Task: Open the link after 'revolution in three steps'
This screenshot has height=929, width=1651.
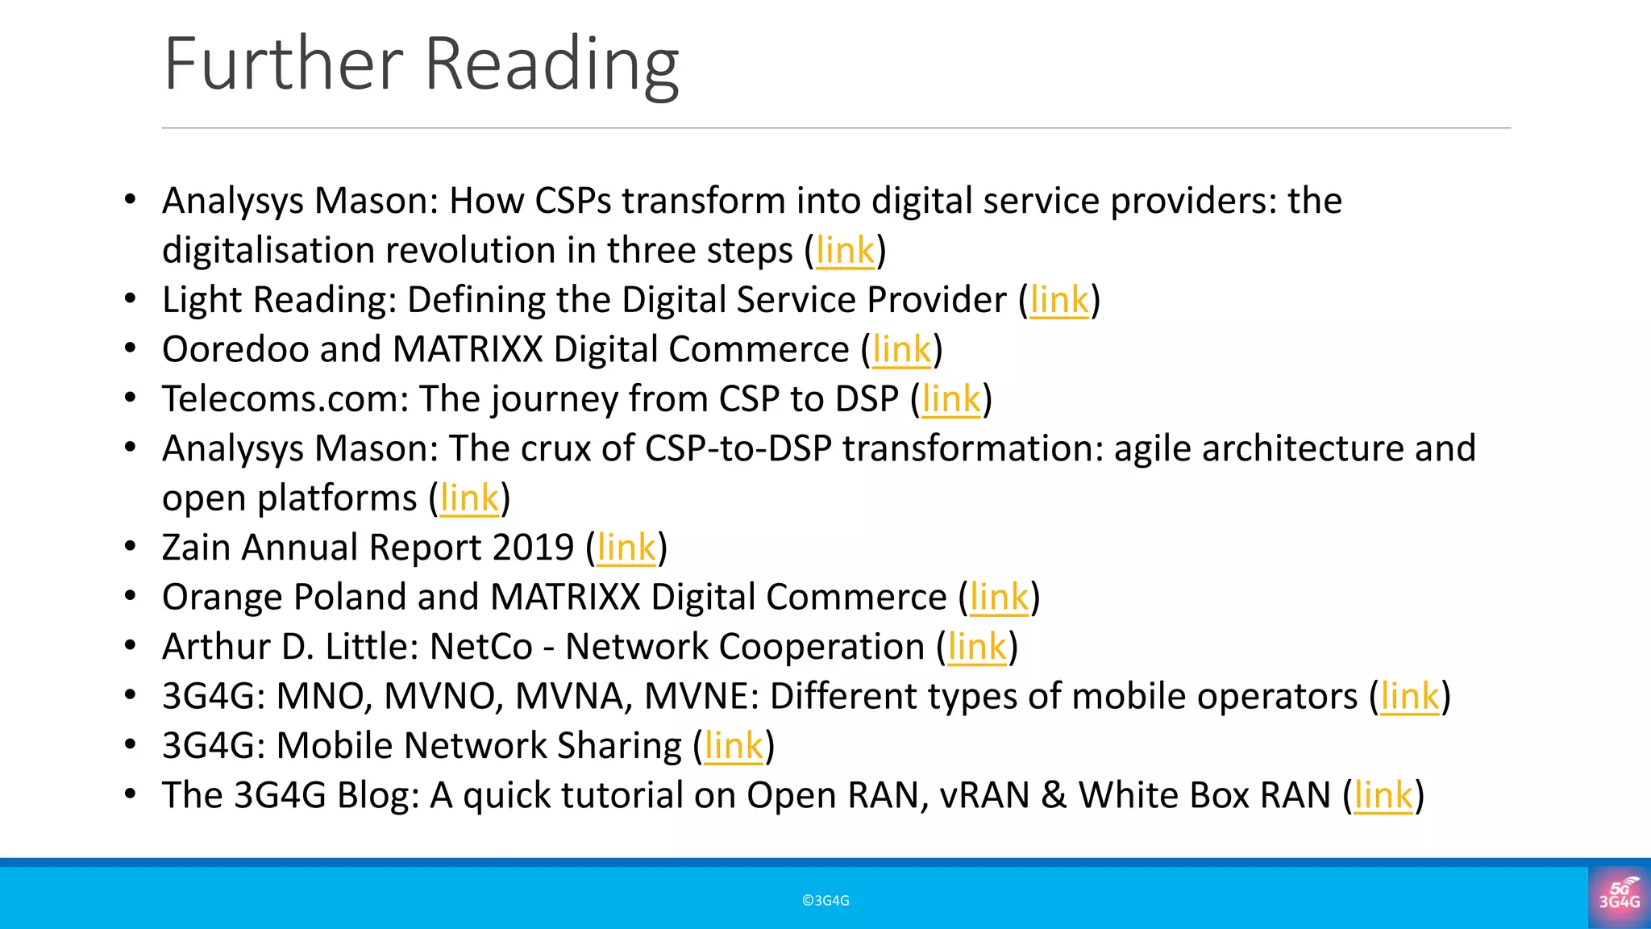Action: click(845, 251)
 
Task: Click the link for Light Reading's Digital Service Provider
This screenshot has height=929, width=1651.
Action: click(1059, 301)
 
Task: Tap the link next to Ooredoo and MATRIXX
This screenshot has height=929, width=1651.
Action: click(901, 350)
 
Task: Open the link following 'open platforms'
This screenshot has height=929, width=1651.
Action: click(469, 498)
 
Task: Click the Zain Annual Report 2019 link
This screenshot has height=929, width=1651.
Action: click(626, 548)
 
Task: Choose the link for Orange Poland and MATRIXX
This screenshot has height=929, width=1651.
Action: click(999, 598)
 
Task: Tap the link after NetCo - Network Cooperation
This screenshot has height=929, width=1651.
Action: click(977, 648)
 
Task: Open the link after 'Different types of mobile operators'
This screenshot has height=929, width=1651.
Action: click(1410, 697)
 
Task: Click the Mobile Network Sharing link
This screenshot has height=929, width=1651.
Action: click(734, 746)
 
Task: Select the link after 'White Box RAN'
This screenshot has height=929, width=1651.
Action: click(1383, 796)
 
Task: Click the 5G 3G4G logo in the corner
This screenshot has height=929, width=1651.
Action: click(1619, 895)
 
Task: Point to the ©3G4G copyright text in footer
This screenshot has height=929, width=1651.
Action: click(825, 901)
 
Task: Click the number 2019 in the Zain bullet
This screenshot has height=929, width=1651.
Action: click(533, 548)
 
